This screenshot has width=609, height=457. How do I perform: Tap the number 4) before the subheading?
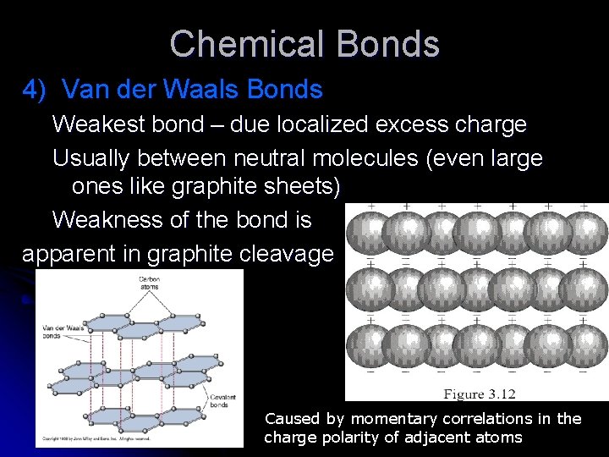[x=38, y=89]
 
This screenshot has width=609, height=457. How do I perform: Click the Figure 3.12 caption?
[x=480, y=393]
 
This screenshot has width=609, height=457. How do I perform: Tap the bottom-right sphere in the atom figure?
[x=584, y=347]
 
